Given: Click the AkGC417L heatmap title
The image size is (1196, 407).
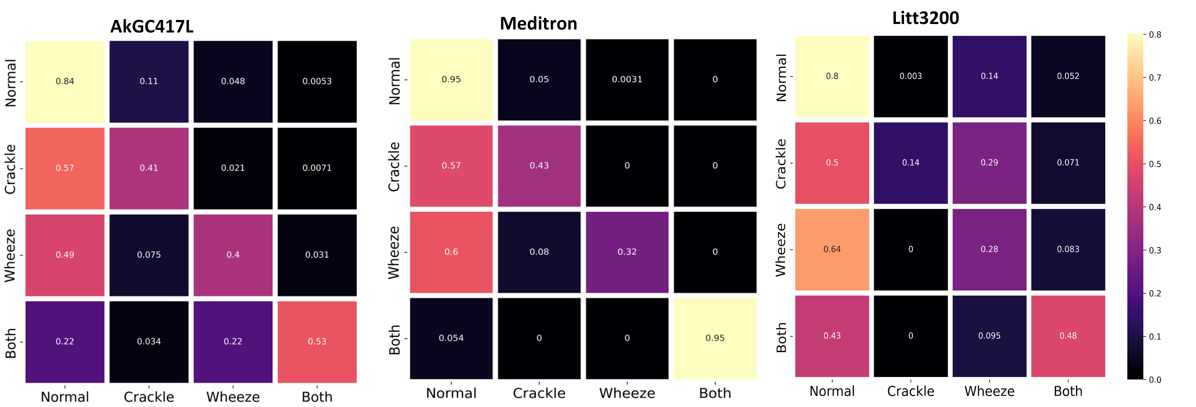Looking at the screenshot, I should pyautogui.click(x=152, y=26).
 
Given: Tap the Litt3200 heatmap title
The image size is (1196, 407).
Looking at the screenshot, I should pyautogui.click(x=925, y=18).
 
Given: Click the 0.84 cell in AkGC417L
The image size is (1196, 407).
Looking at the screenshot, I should pyautogui.click(x=65, y=81).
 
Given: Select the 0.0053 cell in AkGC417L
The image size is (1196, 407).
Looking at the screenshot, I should pyautogui.click(x=317, y=81).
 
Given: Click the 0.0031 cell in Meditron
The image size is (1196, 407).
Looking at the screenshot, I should pyautogui.click(x=627, y=79).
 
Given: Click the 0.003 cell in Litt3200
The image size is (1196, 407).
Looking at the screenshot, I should pyautogui.click(x=911, y=76).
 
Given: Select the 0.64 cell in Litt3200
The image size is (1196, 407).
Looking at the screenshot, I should pyautogui.click(x=832, y=249).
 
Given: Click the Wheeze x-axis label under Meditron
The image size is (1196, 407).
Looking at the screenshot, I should pyautogui.click(x=627, y=393).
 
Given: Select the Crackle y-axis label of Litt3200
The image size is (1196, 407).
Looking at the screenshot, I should pyautogui.click(x=781, y=163).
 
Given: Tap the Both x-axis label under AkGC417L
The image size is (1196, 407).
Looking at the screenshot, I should pyautogui.click(x=317, y=397).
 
